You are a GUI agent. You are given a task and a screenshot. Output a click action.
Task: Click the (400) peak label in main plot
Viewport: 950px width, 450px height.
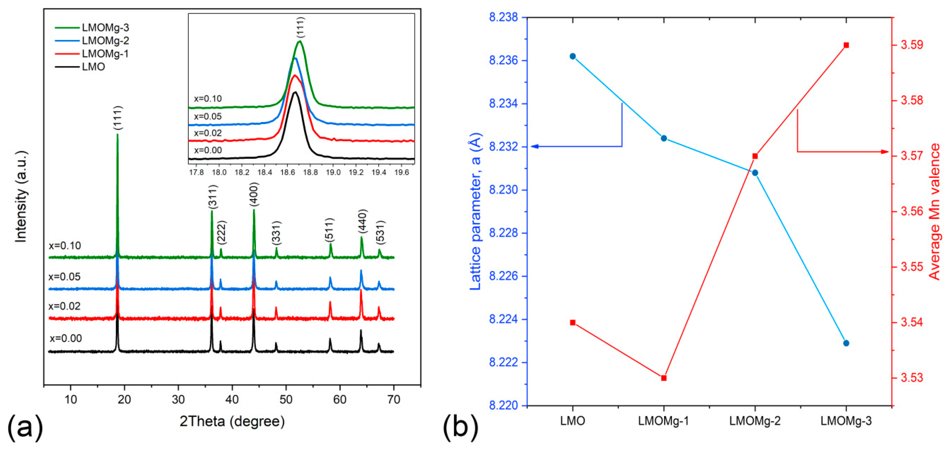254,194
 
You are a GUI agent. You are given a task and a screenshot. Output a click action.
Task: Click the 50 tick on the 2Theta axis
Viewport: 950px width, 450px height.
286,399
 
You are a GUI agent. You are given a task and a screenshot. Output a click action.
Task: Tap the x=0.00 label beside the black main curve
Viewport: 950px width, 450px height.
66,338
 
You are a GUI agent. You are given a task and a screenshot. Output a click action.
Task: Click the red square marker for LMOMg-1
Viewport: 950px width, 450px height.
664,378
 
